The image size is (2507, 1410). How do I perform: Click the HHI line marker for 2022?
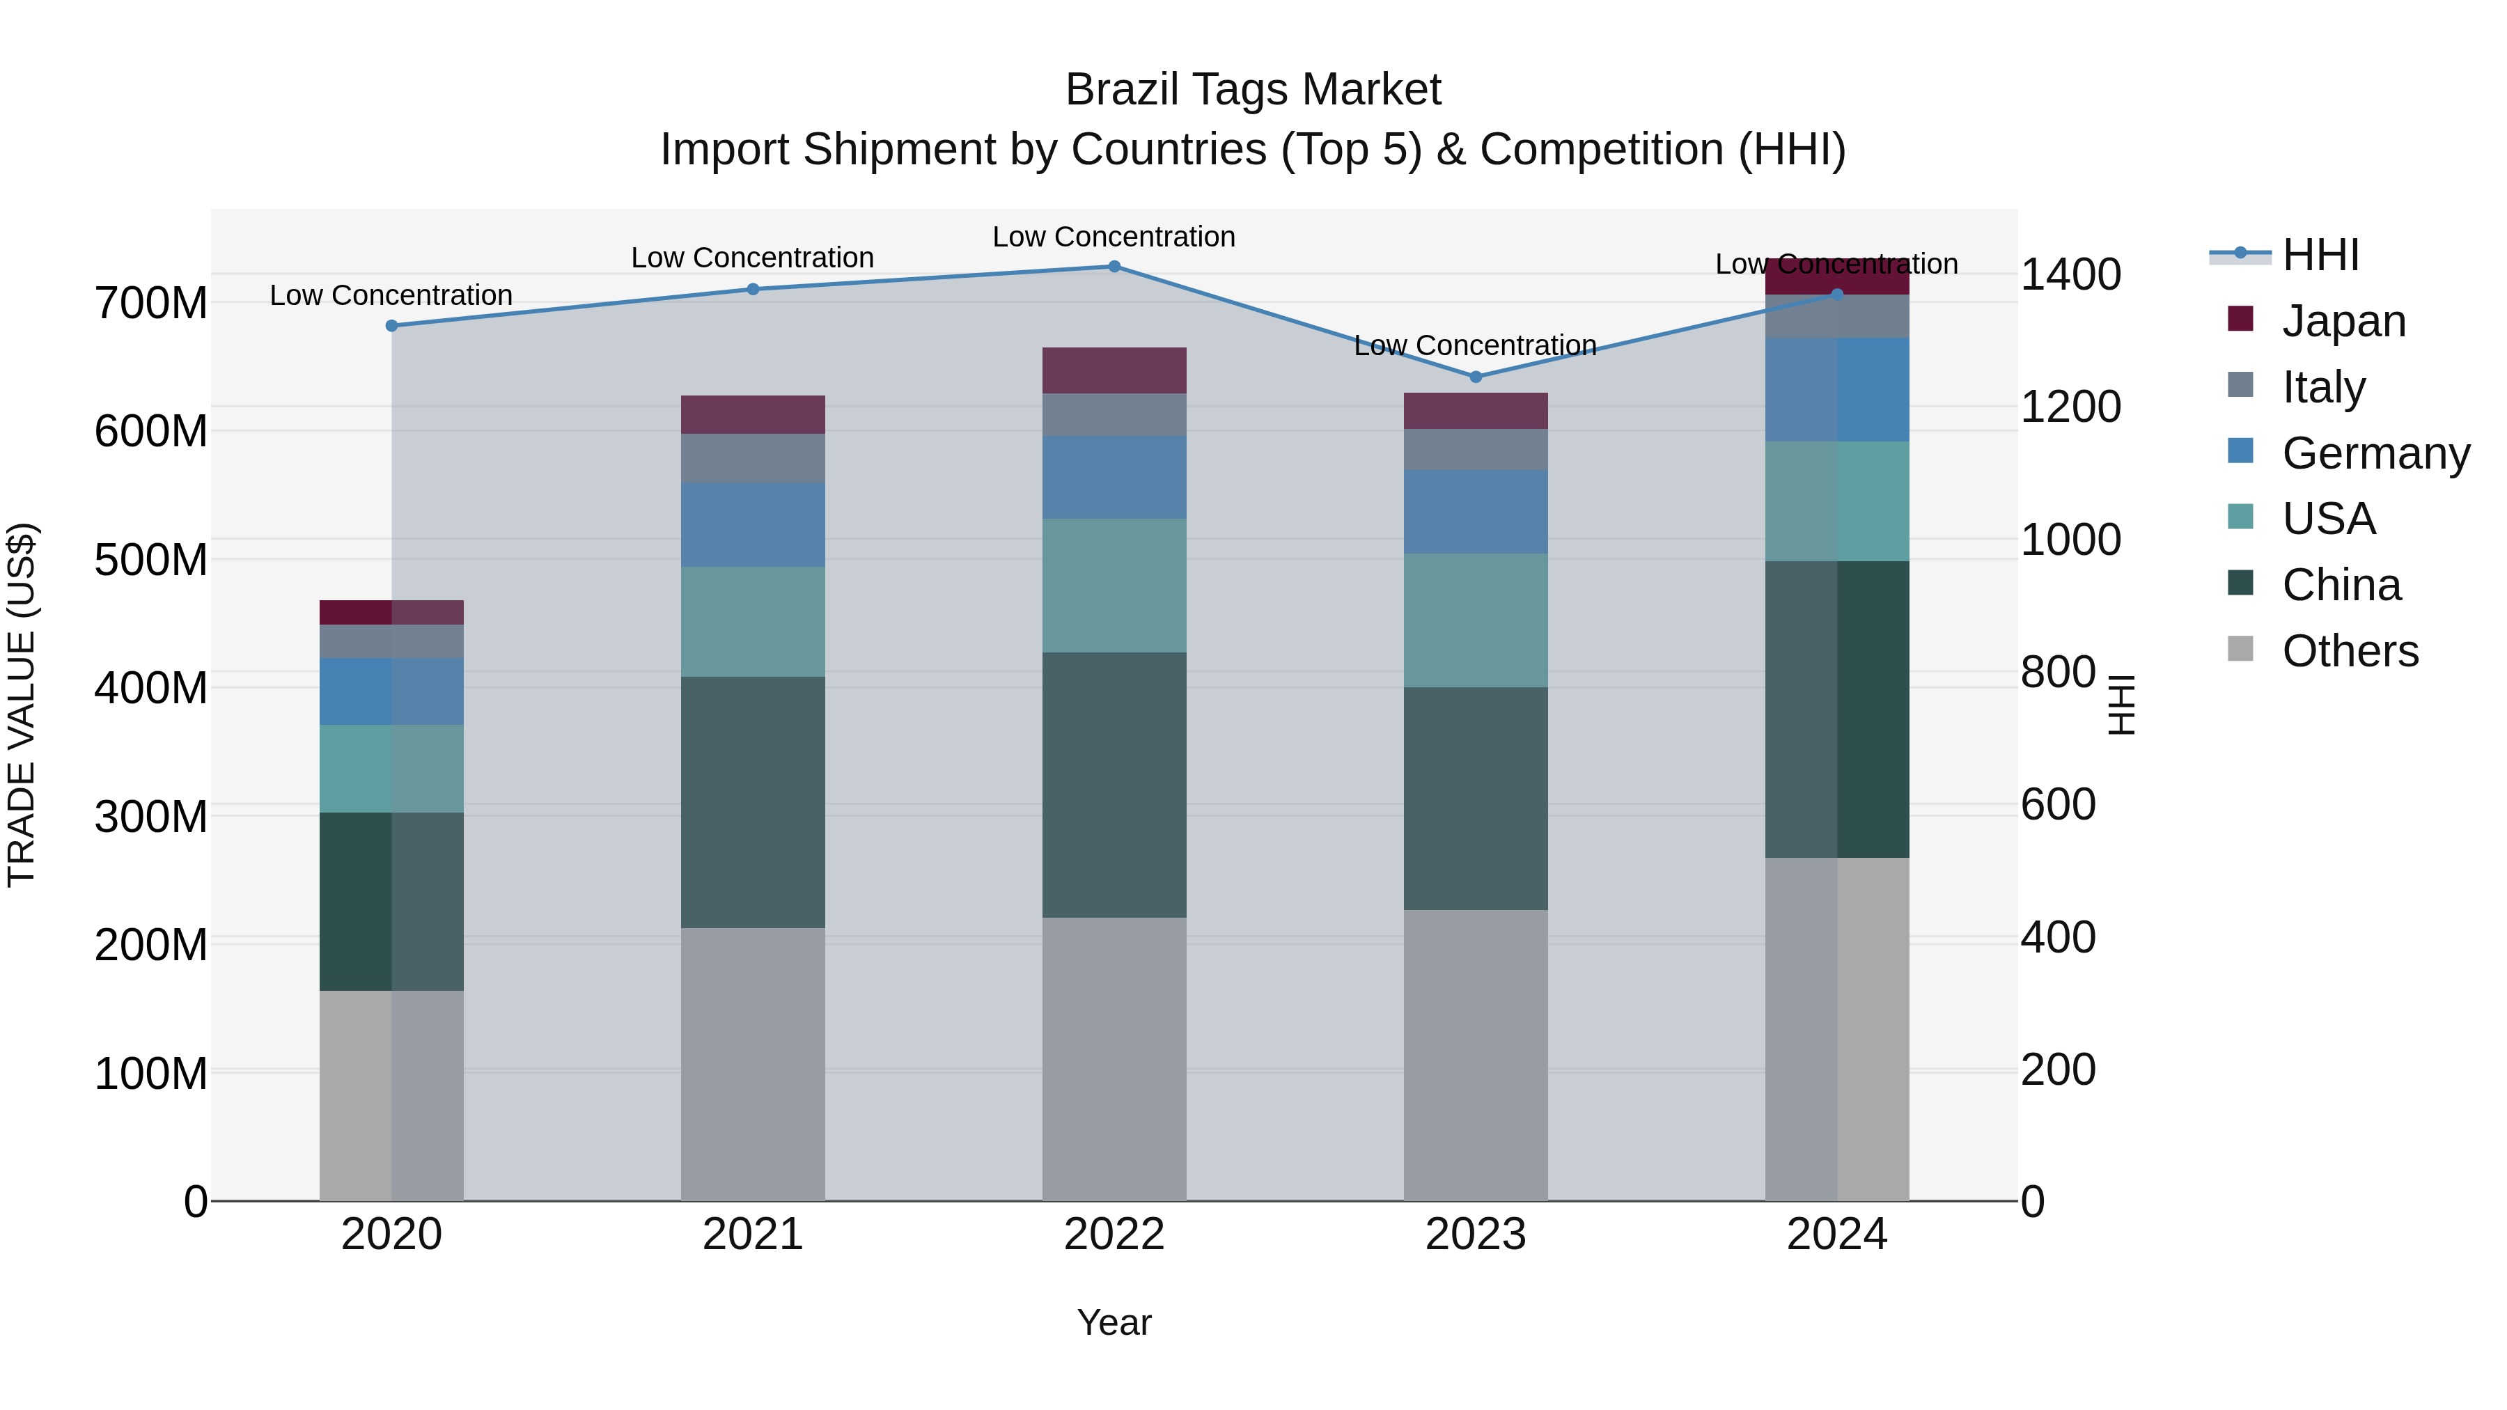(1114, 267)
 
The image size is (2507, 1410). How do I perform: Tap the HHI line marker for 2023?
(1476, 377)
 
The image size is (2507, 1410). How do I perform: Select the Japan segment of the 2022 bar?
(1114, 370)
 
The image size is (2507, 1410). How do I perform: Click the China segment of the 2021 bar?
(752, 802)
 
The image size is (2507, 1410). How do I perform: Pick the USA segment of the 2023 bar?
(1476, 621)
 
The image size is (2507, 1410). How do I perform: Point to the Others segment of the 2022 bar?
(1114, 1058)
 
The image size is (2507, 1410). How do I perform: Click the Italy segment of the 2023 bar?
(1476, 450)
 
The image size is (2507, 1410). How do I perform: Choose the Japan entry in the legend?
(2343, 321)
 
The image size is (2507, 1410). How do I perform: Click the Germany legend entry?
(2375, 453)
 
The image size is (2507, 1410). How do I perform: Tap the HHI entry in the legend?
(2320, 255)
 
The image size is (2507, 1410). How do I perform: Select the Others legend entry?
(2350, 651)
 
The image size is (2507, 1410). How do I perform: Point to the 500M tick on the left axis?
(151, 561)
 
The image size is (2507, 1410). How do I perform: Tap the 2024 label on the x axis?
(1836, 1235)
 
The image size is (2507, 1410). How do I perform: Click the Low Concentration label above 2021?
(752, 258)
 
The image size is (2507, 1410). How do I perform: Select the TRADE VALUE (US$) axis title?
(22, 705)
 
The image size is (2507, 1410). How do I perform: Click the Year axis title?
(1114, 1322)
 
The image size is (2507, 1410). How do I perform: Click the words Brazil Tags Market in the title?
(1253, 90)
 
